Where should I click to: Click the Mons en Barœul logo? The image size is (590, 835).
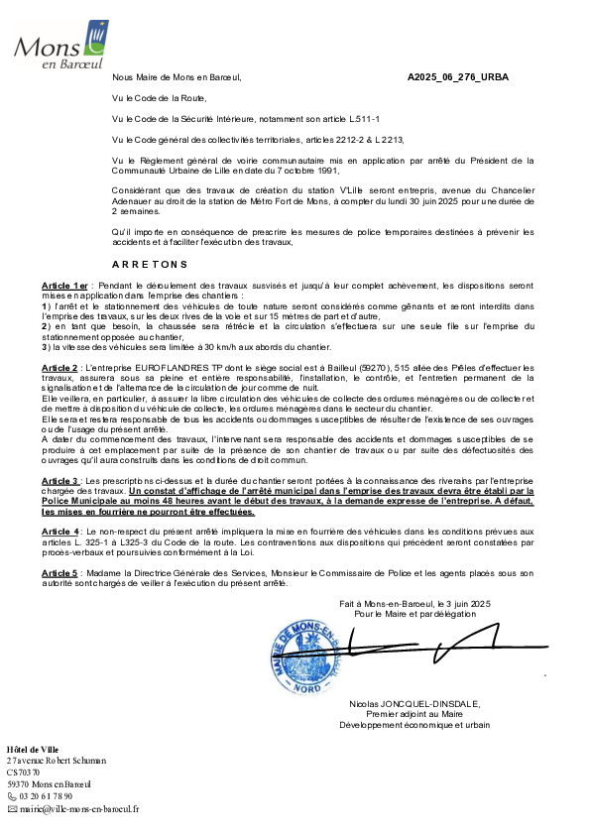point(61,46)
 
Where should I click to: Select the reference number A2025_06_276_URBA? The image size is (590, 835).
point(458,77)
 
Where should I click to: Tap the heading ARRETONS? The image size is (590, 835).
point(150,265)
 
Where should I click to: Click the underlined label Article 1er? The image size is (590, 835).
point(65,286)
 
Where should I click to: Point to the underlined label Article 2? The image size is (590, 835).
point(59,368)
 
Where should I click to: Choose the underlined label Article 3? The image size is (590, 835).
point(60,481)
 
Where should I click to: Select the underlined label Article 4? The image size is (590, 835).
point(60,532)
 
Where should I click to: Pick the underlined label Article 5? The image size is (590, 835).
point(59,573)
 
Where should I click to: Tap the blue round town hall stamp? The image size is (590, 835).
point(304,657)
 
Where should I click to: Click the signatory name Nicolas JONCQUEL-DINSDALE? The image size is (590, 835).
point(414,704)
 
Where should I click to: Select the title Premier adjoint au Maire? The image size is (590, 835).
point(414,714)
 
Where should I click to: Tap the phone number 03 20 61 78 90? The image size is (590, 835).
point(46,796)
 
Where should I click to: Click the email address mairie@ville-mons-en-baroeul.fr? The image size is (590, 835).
point(79,809)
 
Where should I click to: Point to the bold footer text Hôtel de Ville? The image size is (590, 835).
point(33,750)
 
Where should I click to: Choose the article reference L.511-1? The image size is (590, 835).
point(364,119)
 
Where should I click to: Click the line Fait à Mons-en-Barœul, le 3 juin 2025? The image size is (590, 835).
point(414,604)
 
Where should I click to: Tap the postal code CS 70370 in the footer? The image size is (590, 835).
point(23,773)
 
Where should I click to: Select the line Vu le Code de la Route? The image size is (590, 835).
point(160,98)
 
